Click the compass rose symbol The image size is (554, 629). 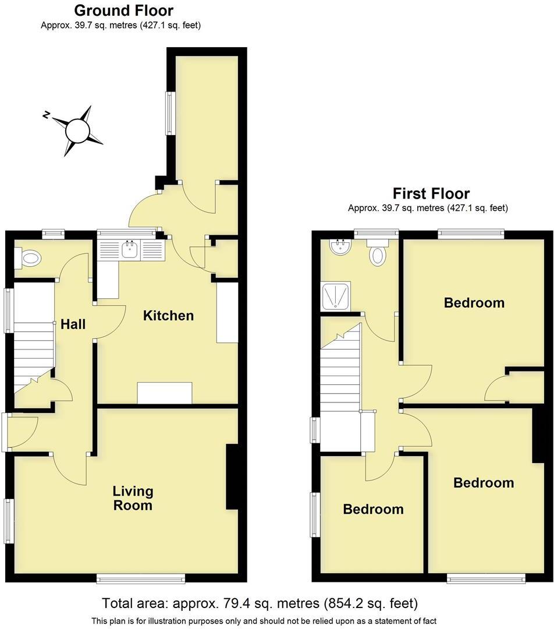click(77, 130)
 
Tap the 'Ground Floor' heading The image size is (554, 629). click(123, 10)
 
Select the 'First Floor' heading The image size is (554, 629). click(431, 193)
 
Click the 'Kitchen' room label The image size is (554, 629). click(168, 316)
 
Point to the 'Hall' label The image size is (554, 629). click(73, 324)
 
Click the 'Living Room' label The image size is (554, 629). click(133, 499)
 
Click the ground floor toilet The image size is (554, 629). click(30, 258)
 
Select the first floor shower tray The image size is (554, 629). click(336, 295)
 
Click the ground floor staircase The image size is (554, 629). click(34, 355)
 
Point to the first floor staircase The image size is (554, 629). click(340, 373)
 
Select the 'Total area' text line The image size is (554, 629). click(260, 603)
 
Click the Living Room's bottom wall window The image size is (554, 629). click(140, 578)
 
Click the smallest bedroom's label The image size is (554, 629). click(373, 509)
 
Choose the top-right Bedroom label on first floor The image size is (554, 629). click(474, 303)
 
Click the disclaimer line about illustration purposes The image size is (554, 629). click(264, 621)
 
